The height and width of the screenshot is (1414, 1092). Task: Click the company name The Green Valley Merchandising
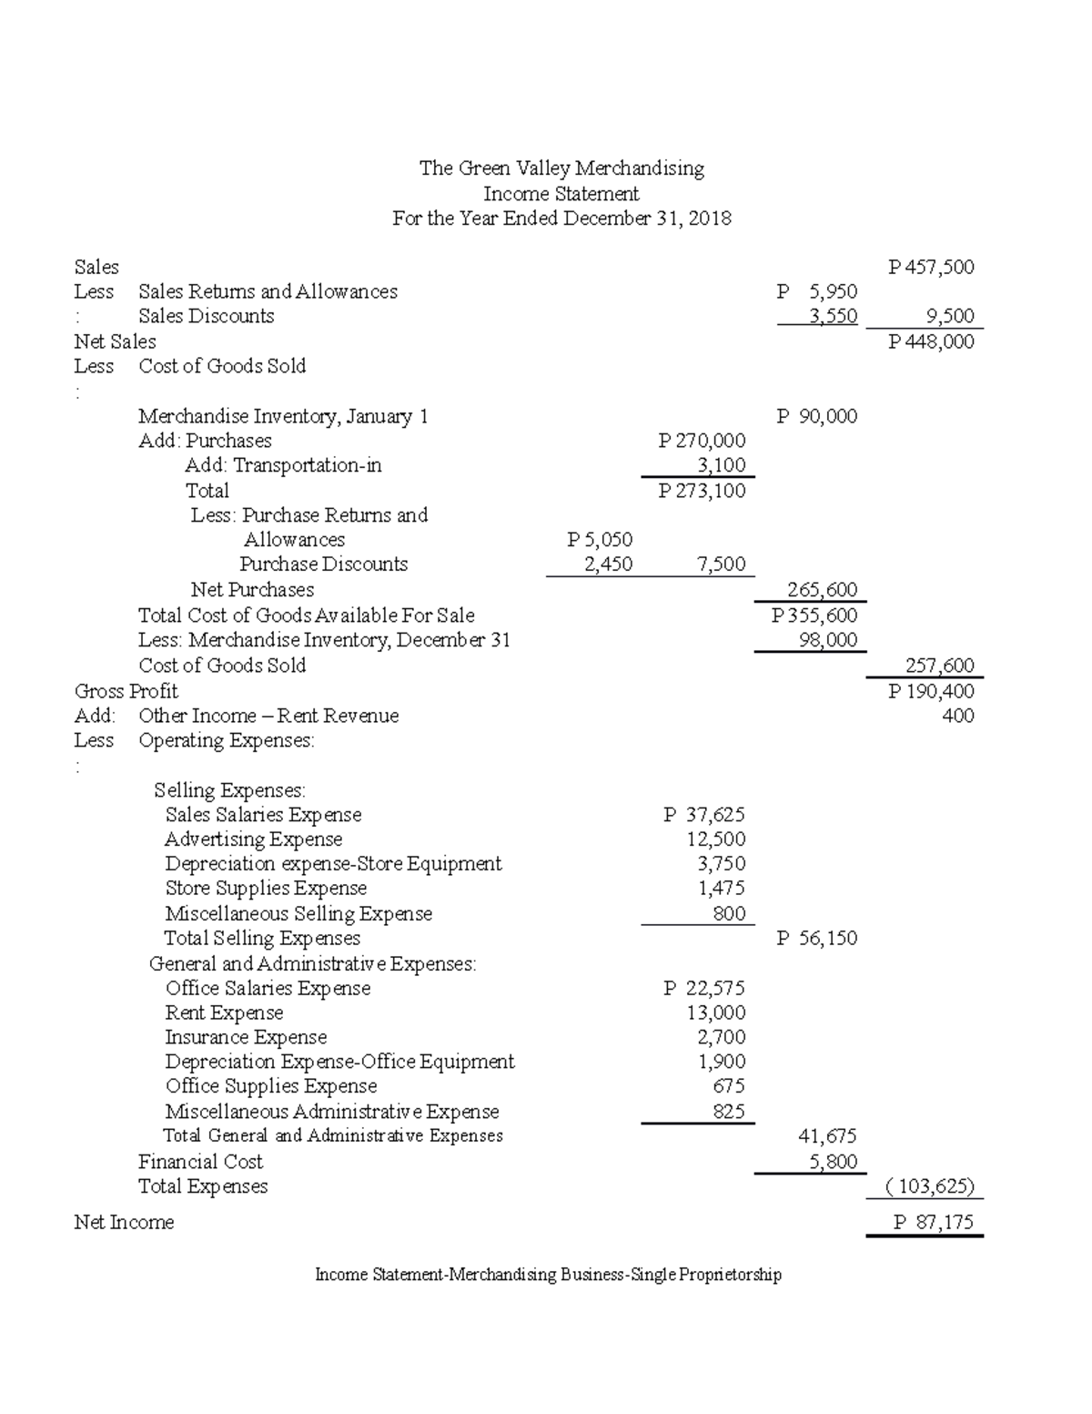tap(561, 168)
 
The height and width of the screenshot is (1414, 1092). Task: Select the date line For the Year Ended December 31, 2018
tap(561, 219)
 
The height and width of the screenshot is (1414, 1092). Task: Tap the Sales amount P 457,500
tap(932, 267)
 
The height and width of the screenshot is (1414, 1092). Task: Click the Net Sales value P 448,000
tap(932, 341)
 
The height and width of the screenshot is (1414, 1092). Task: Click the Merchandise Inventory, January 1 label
tap(283, 416)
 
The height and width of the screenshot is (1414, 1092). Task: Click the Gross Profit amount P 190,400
tap(932, 691)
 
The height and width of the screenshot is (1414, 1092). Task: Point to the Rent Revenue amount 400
tap(957, 716)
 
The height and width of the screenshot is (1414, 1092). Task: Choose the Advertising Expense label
tap(254, 839)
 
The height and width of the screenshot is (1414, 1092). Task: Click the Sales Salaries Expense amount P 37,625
tap(704, 815)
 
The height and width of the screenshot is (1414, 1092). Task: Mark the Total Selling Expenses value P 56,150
tap(816, 939)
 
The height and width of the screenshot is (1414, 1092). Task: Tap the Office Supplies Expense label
tap(271, 1086)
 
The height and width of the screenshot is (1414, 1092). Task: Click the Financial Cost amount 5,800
tap(832, 1162)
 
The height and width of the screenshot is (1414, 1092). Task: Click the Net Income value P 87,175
tap(934, 1222)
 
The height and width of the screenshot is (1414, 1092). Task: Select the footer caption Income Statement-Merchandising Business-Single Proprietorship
tap(548, 1275)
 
